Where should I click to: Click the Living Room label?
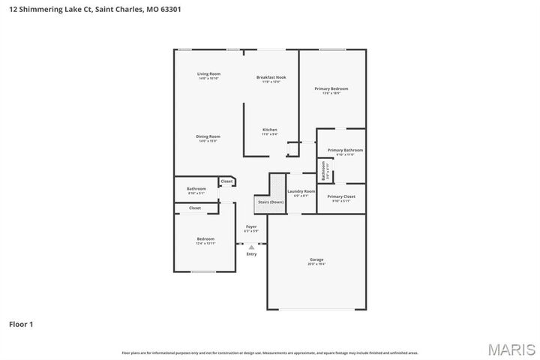[208, 73]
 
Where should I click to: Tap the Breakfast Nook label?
[271, 77]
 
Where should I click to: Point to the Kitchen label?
[269, 130]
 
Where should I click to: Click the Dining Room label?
[208, 136]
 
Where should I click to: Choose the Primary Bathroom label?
[345, 150]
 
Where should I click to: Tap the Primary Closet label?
[341, 196]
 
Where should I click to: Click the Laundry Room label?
[301, 191]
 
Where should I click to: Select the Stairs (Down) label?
[271, 202]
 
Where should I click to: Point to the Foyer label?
[251, 226]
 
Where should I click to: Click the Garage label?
[316, 259]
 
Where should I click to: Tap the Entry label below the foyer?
[251, 253]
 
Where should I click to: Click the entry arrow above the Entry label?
[251, 246]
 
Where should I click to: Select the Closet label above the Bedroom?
[195, 208]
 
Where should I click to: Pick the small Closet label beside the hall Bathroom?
[226, 181]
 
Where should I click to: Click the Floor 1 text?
[21, 325]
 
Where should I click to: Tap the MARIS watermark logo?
[511, 349]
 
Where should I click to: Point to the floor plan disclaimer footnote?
[270, 352]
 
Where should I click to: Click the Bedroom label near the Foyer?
[205, 239]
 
